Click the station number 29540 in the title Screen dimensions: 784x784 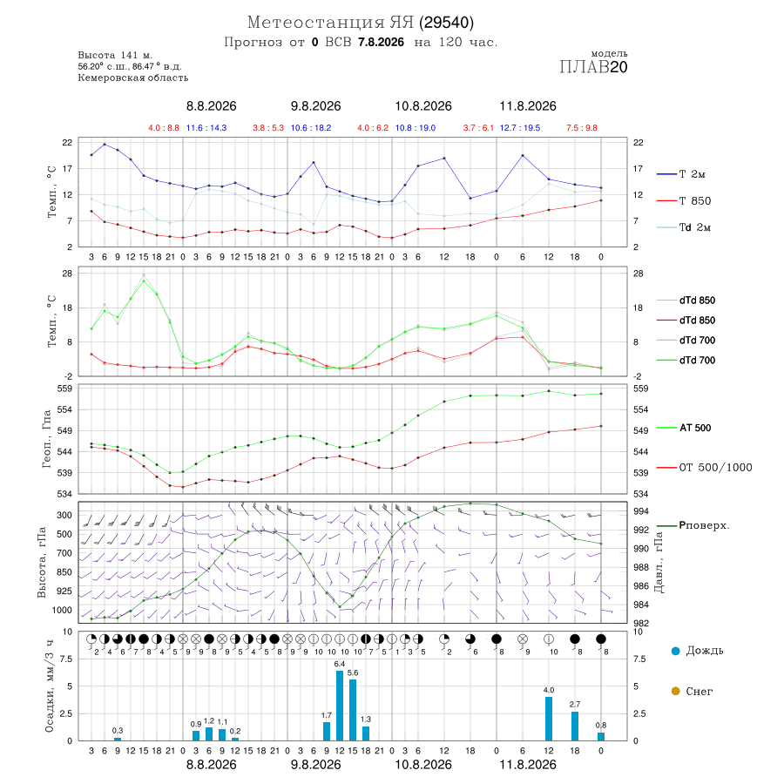446,23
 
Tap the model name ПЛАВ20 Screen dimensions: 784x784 593,67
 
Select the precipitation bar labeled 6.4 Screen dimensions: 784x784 340,706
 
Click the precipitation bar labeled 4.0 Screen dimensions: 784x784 549,719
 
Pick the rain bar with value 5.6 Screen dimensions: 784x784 353,710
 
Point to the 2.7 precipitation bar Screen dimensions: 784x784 575,726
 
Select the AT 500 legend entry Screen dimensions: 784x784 695,428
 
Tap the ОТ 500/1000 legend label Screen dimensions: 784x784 715,468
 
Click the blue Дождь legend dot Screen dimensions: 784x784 675,651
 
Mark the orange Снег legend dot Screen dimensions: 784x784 675,691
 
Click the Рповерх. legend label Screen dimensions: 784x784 704,525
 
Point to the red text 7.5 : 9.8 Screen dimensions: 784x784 582,128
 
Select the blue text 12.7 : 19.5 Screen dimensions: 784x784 520,128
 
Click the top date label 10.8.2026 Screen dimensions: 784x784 423,106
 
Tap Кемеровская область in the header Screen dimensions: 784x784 133,78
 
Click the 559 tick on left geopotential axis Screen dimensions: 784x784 65,389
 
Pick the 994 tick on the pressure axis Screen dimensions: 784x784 641,511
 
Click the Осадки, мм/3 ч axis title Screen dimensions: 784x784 49,686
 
